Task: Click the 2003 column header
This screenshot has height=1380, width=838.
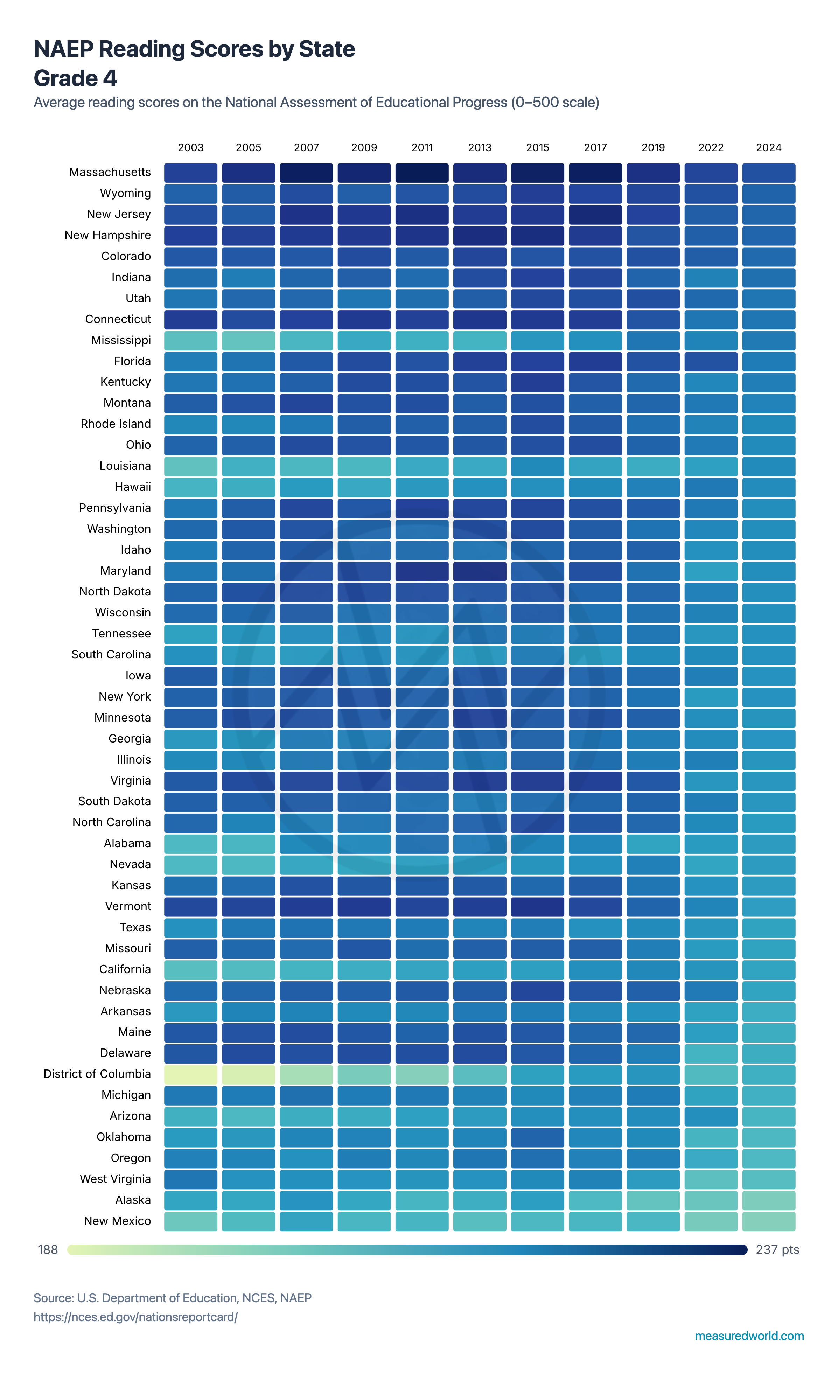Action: pos(190,147)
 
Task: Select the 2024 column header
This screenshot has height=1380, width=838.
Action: pos(769,147)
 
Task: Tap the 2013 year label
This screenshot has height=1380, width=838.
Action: pos(480,147)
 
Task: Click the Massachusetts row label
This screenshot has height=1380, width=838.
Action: pos(110,172)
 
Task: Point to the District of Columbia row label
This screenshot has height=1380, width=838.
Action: pos(97,1074)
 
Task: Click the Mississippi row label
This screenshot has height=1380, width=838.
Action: pos(121,340)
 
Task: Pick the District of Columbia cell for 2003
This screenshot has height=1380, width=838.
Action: pos(190,1074)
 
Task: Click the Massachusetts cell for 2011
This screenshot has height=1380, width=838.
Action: pos(422,173)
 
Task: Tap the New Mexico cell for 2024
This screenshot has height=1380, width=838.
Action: pos(769,1221)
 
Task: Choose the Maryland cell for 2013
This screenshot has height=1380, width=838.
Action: pos(480,571)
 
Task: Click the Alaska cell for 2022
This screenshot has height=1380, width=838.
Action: pos(711,1200)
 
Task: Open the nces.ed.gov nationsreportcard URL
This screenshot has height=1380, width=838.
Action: pos(135,1317)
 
